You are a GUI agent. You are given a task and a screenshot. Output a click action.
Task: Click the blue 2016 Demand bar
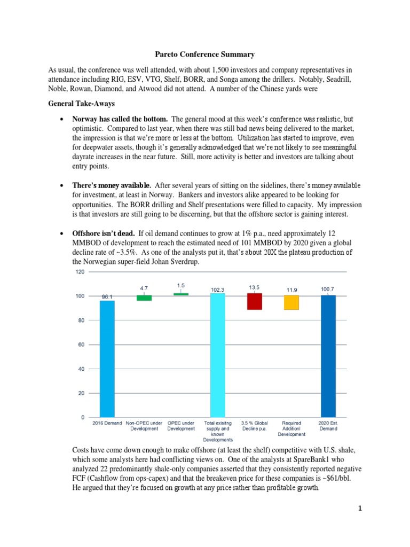(107, 358)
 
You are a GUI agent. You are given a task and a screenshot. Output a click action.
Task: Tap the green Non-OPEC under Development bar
(144, 298)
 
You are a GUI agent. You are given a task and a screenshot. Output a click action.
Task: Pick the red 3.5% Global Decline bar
(255, 301)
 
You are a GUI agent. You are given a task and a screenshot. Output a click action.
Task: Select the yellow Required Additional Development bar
(291, 302)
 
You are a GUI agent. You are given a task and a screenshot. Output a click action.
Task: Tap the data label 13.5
(254, 287)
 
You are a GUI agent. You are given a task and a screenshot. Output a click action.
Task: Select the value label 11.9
(291, 290)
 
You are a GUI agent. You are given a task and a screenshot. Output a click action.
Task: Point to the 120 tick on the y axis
(80, 272)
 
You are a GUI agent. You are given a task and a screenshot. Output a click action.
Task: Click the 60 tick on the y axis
(81, 345)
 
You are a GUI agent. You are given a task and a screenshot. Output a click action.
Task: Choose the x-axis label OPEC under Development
(181, 425)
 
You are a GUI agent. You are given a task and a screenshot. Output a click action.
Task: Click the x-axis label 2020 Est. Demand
(328, 425)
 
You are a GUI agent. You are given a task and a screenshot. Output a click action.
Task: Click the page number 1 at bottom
(360, 508)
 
